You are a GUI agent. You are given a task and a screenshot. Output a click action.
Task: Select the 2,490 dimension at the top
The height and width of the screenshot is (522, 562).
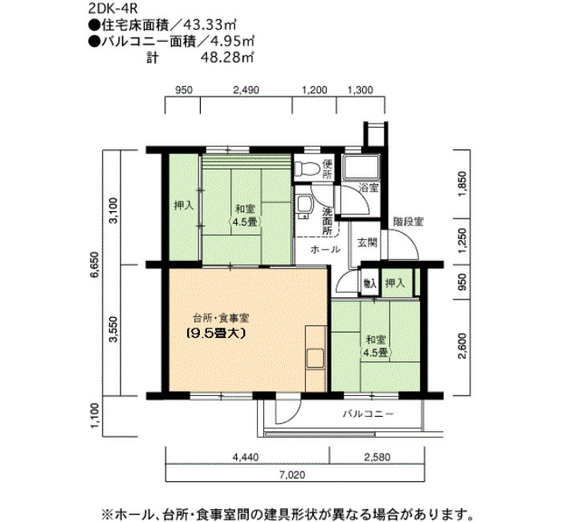(245, 91)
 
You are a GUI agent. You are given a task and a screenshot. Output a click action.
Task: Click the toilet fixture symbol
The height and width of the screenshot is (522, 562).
(306, 169)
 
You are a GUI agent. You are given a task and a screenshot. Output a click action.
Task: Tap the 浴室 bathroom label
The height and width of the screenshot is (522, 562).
(369, 188)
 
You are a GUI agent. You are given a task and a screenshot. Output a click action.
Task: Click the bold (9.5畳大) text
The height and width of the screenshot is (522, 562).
(216, 332)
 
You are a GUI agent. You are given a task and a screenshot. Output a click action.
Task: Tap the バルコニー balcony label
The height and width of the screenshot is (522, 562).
(368, 414)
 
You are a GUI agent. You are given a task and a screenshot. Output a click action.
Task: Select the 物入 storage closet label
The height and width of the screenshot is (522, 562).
(369, 283)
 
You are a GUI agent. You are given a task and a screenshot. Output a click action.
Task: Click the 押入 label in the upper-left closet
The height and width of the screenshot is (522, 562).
(183, 206)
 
